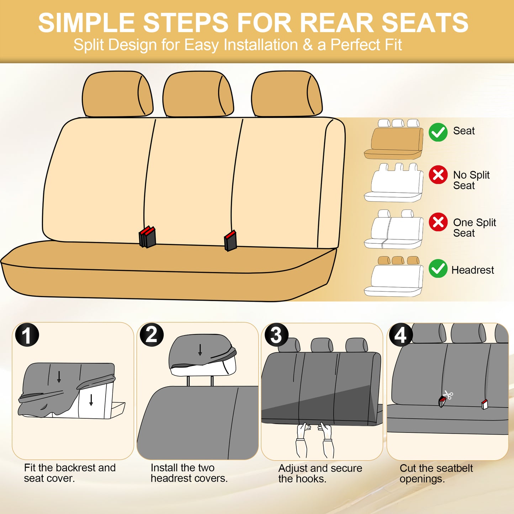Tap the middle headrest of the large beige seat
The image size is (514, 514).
tap(198, 94)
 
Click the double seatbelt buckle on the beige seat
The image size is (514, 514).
tap(147, 237)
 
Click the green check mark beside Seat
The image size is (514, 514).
tap(438, 132)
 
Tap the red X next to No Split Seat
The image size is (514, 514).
tap(438, 175)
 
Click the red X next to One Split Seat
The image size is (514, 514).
tap(438, 222)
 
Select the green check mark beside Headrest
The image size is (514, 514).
tap(438, 269)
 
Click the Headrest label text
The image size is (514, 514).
tap(472, 270)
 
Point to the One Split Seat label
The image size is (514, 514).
tap(474, 228)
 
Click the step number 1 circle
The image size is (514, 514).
tap(27, 335)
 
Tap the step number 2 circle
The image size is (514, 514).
tap(152, 335)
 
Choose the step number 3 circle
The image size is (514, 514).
tap(276, 335)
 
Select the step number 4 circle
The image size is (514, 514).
tap(401, 335)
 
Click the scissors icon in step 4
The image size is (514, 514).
tap(448, 394)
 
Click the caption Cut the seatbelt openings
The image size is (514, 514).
tap(436, 473)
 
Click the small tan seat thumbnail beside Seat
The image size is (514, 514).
tap(394, 141)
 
